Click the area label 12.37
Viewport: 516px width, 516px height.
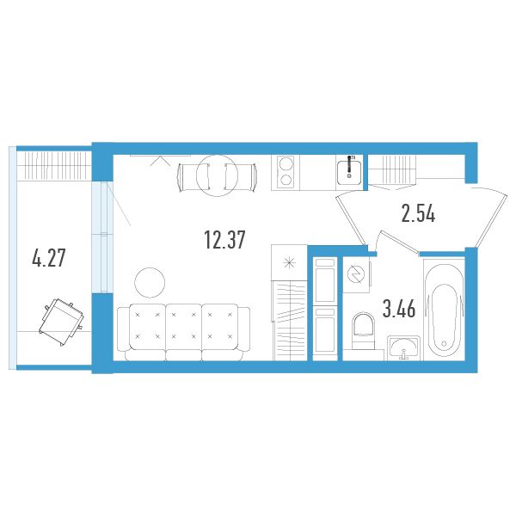point(224,240)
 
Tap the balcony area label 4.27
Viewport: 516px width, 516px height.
point(49,258)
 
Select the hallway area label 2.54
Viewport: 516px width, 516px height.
point(418,213)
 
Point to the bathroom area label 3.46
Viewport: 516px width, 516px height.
point(399,309)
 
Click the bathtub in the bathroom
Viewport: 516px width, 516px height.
point(444,310)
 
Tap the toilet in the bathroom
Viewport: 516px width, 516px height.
point(363,331)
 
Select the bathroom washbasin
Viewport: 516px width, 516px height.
point(403,347)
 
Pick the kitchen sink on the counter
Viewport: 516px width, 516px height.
point(349,170)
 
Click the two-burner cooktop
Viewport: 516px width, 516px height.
point(286,172)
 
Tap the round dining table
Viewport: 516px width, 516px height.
point(217,175)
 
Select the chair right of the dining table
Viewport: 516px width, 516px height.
point(241,177)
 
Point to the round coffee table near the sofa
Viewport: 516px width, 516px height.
point(150,283)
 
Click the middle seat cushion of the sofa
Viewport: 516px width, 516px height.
point(184,327)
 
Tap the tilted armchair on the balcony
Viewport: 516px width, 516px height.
point(62,321)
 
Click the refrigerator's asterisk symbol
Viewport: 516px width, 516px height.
point(289,263)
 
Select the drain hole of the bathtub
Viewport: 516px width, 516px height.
point(444,343)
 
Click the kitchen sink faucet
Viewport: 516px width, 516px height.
point(349,167)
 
